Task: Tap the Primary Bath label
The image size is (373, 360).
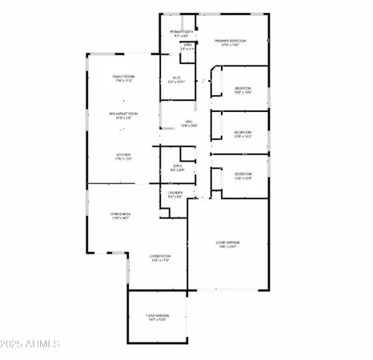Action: coord(181,32)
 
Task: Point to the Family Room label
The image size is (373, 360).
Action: coord(122,77)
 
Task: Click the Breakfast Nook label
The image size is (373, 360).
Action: coord(122,114)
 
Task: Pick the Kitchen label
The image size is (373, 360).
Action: coord(122,154)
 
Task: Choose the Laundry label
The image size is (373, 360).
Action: coord(175,192)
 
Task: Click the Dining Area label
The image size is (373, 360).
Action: coord(121,213)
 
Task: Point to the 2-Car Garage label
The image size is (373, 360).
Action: coord(230,242)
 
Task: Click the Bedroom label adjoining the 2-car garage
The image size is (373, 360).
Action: coord(243,174)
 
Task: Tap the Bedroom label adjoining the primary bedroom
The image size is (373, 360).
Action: coord(243,88)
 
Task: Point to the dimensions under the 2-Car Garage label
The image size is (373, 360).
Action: coord(230,246)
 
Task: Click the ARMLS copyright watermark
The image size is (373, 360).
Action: coord(32,345)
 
